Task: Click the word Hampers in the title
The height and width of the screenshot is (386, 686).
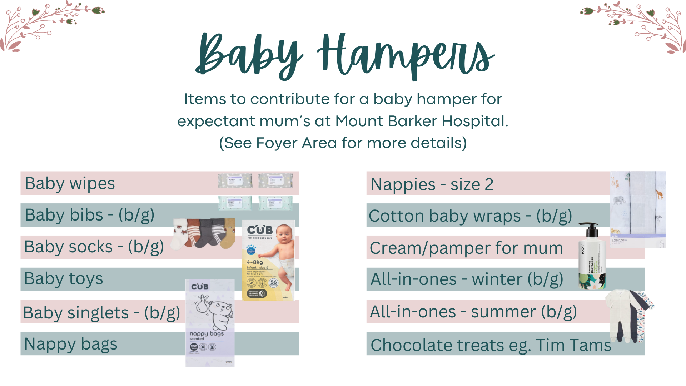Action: coord(406,55)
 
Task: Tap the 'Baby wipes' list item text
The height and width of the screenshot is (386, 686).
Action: coord(70,184)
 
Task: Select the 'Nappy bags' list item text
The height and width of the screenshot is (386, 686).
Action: coord(71,344)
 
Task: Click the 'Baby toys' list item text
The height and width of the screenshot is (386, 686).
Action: coord(64,279)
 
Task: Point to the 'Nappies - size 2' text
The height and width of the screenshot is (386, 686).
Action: coord(432,185)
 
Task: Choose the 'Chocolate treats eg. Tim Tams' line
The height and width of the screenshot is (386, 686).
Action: coord(491,345)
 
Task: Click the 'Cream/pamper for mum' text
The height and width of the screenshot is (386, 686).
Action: coord(466,248)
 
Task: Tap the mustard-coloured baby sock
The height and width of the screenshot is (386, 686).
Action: coord(228,236)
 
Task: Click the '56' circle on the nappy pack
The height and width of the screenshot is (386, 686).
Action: coord(274,283)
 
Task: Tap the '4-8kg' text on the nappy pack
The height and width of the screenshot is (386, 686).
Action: coord(255,262)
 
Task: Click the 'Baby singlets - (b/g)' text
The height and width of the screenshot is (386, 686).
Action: coord(101,313)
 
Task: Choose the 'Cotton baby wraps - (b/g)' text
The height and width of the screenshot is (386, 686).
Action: coord(470,216)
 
